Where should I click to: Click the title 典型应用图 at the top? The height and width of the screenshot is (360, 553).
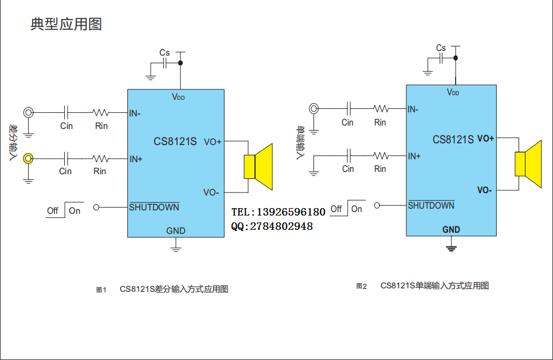[x=66, y=25]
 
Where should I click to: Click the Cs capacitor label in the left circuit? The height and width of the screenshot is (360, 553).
[x=164, y=53]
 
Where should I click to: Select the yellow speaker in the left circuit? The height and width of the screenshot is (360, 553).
[x=258, y=167]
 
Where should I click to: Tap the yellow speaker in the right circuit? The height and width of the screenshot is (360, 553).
[x=528, y=164]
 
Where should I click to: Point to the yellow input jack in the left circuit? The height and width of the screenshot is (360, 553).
[x=28, y=158]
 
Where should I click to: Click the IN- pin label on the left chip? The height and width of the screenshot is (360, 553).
[x=135, y=113]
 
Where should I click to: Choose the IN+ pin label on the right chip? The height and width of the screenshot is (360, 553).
[x=414, y=156]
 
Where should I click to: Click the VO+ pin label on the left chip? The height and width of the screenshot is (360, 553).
[x=213, y=142]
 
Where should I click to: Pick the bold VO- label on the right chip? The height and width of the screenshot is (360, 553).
[x=485, y=190]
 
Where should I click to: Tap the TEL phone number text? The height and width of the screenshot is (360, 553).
[x=279, y=212]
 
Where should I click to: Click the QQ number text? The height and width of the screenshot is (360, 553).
[x=272, y=226]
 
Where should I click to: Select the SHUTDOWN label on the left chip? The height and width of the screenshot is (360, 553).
[x=154, y=208]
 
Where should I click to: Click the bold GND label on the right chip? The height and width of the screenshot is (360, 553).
[x=451, y=230]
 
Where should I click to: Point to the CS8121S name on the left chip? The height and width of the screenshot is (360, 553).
[x=175, y=142]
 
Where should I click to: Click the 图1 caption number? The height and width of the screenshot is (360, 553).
[x=101, y=290]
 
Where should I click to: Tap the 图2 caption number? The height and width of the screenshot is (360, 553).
[x=361, y=286]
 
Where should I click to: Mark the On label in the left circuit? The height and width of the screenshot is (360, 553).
[x=75, y=210]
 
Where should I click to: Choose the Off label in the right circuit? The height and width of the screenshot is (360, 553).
[x=336, y=209]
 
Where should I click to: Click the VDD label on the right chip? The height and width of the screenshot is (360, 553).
[x=453, y=92]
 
